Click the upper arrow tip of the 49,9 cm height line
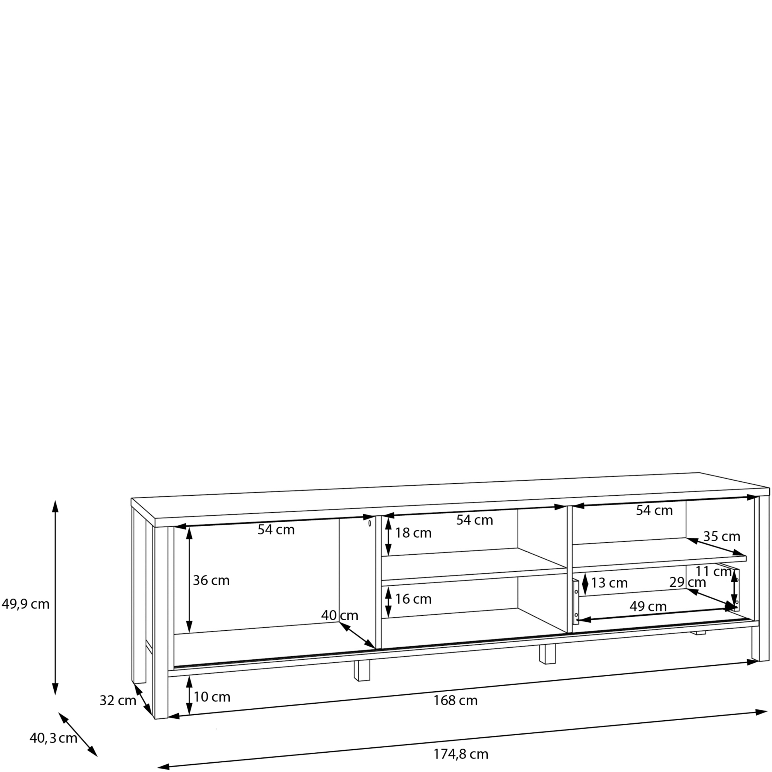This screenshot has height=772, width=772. pyautogui.click(x=56, y=500)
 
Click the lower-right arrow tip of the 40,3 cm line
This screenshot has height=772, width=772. pyautogui.click(x=97, y=756)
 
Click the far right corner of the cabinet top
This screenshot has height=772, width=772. pyautogui.click(x=769, y=488)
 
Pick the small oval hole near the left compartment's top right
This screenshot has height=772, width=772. pyautogui.click(x=370, y=523)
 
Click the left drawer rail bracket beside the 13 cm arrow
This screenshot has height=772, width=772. pyautogui.click(x=576, y=602)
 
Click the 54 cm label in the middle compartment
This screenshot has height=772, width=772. pyautogui.click(x=475, y=520)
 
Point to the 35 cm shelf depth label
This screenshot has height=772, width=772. pyautogui.click(x=722, y=536)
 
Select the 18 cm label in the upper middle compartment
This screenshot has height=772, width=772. pyautogui.click(x=413, y=533)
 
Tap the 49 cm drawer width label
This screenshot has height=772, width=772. pyautogui.click(x=648, y=606)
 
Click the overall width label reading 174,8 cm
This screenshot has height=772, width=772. pyautogui.click(x=461, y=754)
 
